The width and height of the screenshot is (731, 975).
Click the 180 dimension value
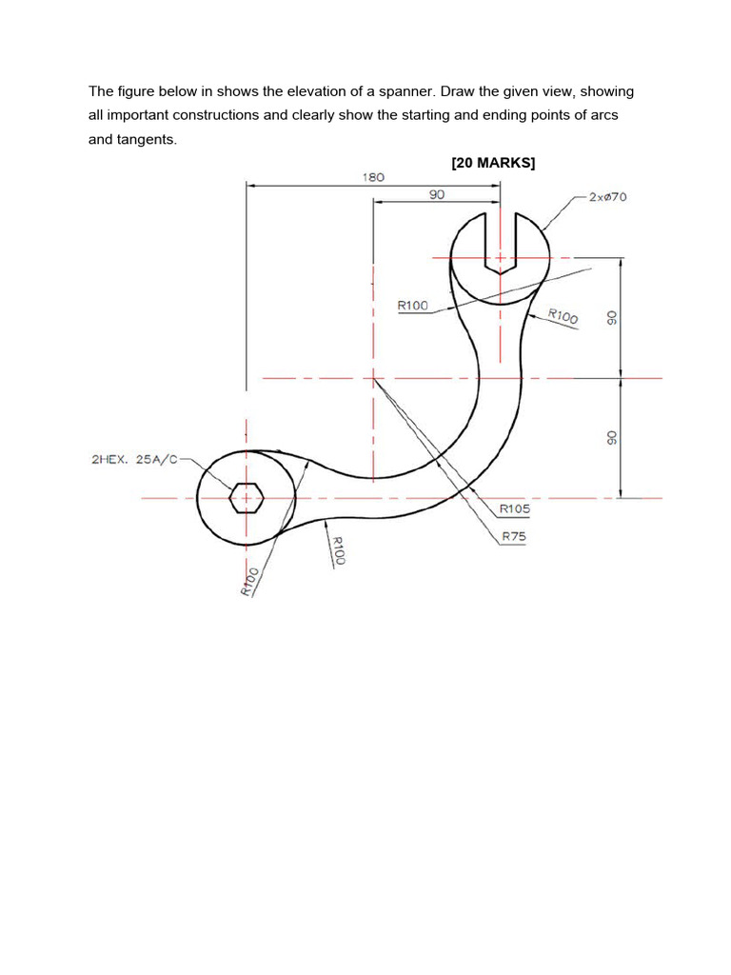click(x=373, y=176)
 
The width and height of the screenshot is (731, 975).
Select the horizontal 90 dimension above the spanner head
click(x=436, y=193)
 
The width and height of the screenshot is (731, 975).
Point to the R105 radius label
click(x=515, y=508)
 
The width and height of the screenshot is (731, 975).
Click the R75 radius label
click(x=513, y=536)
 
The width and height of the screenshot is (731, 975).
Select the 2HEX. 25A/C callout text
click(x=134, y=459)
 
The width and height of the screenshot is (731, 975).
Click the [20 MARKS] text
click(x=493, y=163)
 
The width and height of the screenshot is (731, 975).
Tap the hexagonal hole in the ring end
click(x=247, y=497)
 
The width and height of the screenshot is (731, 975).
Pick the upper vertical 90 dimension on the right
click(x=613, y=317)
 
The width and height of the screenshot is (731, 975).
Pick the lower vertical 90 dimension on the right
click(x=613, y=437)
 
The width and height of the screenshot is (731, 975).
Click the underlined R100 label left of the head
click(x=413, y=306)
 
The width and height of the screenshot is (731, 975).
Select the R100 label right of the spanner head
click(x=563, y=316)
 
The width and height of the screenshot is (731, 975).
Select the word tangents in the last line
click(x=146, y=139)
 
